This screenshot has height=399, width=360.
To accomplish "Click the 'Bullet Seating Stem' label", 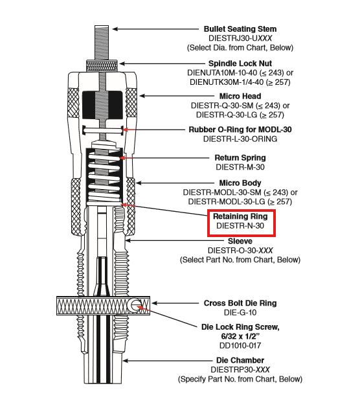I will [240, 29].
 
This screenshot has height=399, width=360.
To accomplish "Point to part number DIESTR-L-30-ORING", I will [240, 139].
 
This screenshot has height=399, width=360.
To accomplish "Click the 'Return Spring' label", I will [240, 157].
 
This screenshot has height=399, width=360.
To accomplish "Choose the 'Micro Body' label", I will [240, 183].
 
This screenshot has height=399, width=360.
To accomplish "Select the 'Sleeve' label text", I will [240, 241].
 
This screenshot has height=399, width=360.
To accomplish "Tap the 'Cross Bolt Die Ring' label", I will [240, 302].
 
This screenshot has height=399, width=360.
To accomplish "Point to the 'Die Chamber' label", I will [240, 360].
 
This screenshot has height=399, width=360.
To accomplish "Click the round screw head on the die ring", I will [137, 304].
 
